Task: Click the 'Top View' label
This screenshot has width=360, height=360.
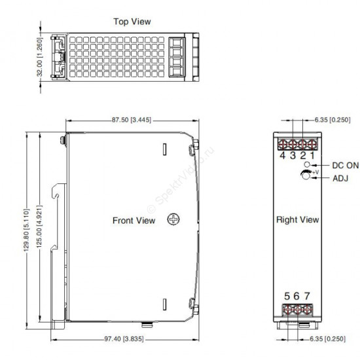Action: (x=132, y=22)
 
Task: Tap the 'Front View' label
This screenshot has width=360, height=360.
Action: (x=134, y=221)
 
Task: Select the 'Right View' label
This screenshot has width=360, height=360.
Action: (x=298, y=219)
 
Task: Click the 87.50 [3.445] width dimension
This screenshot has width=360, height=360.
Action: (x=132, y=120)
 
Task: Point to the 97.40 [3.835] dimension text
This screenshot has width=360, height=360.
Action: (x=124, y=339)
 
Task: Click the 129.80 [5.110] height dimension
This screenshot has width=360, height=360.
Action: (x=27, y=230)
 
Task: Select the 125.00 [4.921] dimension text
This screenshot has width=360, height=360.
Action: (x=39, y=226)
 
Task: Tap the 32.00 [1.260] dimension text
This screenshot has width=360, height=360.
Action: (x=40, y=57)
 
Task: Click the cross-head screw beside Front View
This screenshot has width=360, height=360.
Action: (x=173, y=219)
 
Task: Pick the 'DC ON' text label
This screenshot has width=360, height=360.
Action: (x=346, y=166)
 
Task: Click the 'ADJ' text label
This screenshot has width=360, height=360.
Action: (x=340, y=178)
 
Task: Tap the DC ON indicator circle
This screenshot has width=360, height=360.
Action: (x=307, y=164)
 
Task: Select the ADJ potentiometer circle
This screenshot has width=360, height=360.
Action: (x=306, y=175)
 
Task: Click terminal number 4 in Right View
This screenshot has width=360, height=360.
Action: (x=283, y=155)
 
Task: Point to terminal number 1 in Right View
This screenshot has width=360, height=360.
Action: (x=312, y=155)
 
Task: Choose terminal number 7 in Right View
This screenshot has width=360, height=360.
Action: (x=307, y=296)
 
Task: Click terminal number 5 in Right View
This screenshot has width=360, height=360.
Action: (x=287, y=296)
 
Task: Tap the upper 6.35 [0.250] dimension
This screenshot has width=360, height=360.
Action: (x=333, y=120)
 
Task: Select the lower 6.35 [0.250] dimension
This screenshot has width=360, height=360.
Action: (x=328, y=339)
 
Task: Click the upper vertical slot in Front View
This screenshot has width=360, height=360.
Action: (x=164, y=149)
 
